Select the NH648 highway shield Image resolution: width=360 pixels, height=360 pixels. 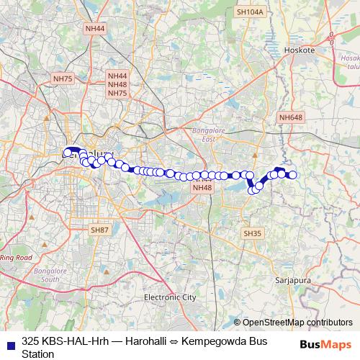pos(292,117)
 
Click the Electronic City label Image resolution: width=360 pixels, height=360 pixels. pos(170,297)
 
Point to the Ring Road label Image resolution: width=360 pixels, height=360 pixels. pos(16,257)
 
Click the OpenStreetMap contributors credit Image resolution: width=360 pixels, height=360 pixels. pos(293,323)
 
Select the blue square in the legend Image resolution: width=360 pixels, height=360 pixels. pos(10,341)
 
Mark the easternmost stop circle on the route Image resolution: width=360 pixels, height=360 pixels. pos(293,174)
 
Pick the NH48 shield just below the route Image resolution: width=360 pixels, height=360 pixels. pos(202,188)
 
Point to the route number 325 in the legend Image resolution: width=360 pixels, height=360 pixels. pos(31,341)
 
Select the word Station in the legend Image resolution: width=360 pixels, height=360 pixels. pos(38,354)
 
